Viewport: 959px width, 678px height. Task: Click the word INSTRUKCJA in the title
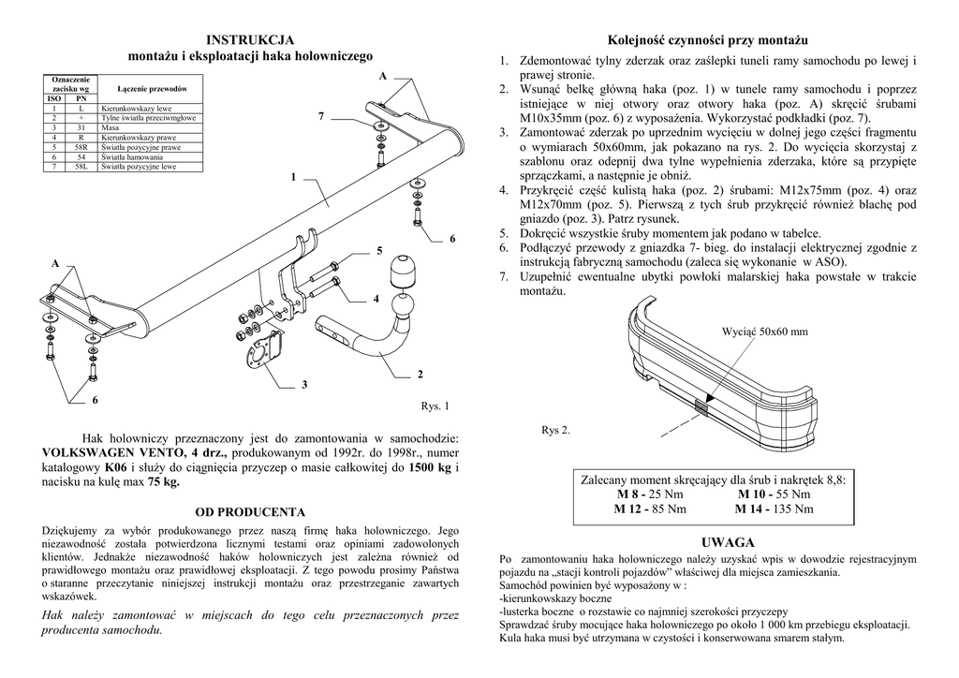coord(250,39)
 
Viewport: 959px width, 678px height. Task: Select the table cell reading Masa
coord(111,128)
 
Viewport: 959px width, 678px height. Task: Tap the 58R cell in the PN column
coord(81,147)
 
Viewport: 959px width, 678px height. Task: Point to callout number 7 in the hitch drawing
coord(320,116)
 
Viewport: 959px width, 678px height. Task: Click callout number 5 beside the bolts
coord(379,250)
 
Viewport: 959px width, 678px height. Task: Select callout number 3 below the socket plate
coord(304,384)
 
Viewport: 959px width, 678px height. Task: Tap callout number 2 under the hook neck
coord(420,375)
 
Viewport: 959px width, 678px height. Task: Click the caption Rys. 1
coord(436,406)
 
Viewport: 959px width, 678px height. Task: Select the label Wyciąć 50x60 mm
coord(765,332)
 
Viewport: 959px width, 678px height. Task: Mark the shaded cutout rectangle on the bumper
coord(701,405)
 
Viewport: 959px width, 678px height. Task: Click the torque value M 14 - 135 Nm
coord(775,508)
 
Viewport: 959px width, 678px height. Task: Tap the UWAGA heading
coord(714,542)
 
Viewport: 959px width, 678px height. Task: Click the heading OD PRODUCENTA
coord(250,512)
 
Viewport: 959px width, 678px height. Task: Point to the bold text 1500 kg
coord(432,466)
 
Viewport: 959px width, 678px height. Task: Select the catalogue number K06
coord(116,466)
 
